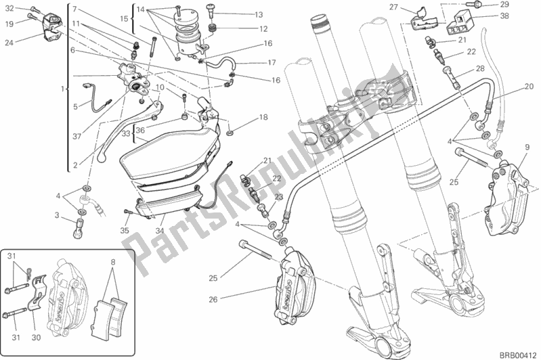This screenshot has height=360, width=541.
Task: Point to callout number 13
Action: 239,15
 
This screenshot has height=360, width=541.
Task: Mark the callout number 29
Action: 503,5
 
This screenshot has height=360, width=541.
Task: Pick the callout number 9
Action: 527,147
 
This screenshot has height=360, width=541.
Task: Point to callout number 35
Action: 124,230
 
